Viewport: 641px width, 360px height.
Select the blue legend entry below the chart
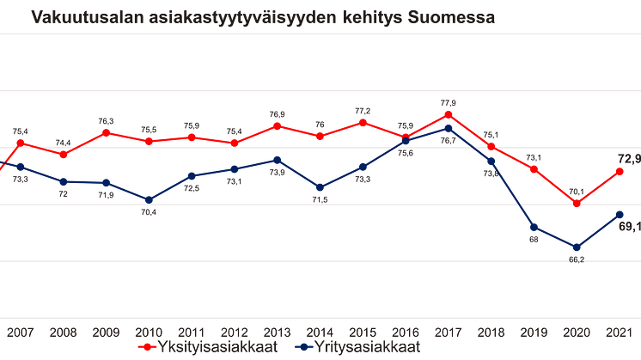[360, 347]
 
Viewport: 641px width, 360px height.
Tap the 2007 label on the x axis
[19, 332]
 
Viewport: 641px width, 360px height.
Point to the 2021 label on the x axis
[620, 332]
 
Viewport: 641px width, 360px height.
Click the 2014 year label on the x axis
[320, 332]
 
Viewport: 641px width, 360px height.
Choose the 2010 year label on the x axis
[148, 332]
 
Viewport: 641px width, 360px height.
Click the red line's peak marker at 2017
[448, 113]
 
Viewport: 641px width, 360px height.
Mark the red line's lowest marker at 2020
[577, 204]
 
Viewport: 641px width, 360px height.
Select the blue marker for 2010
[149, 199]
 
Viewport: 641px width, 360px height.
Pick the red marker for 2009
[106, 132]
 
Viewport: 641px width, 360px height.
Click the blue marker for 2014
[320, 188]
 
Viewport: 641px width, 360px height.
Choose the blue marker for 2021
[620, 213]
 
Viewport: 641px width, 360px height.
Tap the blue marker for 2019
[534, 228]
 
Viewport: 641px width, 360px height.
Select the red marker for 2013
[277, 125]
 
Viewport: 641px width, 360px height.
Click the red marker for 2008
[63, 155]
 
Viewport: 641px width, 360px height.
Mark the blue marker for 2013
[277, 159]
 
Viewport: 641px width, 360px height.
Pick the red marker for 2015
[363, 122]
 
